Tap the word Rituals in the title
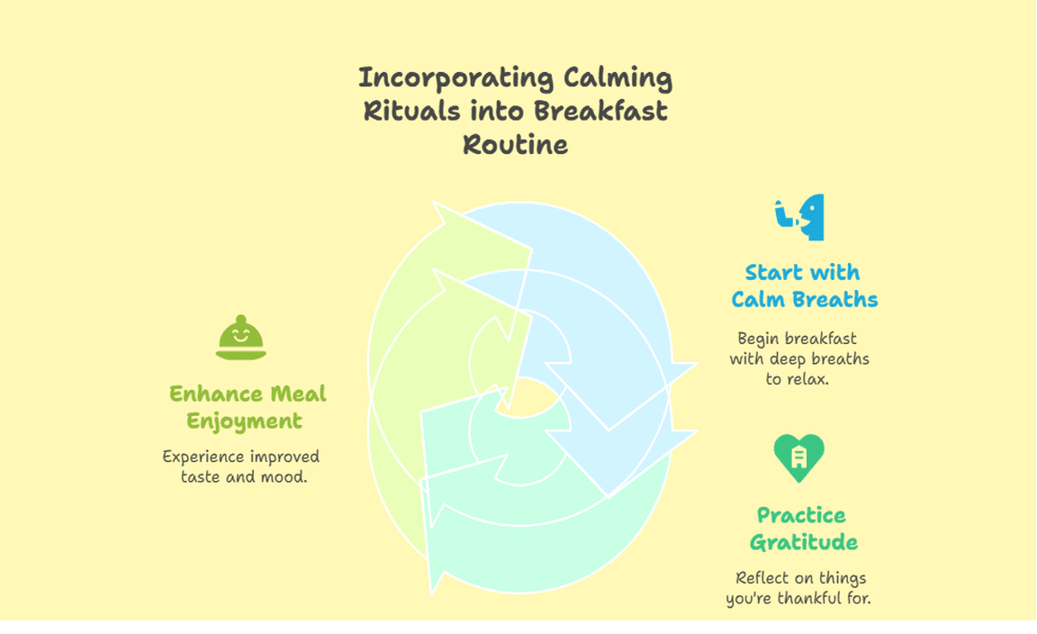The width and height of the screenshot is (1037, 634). click(411, 111)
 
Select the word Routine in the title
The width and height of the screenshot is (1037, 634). click(515, 145)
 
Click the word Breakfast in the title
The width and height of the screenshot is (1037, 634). click(600, 111)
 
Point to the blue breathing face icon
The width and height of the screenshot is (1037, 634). click(800, 217)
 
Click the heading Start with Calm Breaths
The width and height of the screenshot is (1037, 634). click(804, 285)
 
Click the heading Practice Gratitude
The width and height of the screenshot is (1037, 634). click(803, 529)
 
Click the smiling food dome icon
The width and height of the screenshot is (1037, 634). click(240, 338)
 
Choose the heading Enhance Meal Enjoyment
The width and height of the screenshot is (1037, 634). click(248, 407)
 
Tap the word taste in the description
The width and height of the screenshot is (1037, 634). click(201, 477)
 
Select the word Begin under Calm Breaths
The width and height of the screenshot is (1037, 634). click(758, 339)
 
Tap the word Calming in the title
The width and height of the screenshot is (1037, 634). click(618, 79)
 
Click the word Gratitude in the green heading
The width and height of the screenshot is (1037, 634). click(804, 543)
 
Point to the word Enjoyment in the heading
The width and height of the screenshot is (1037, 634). click(244, 421)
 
